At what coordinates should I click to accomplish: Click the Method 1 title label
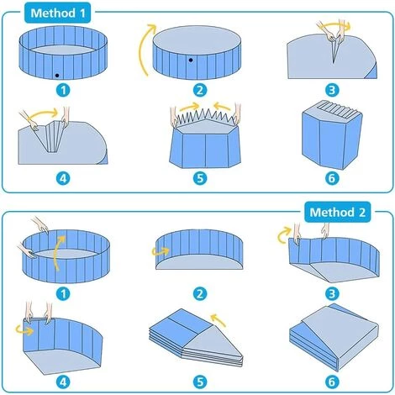58,13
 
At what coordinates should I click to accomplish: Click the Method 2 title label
337,213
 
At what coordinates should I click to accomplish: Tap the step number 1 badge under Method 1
63,90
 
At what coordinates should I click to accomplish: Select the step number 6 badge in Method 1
332,178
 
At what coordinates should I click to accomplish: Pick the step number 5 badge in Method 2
200,382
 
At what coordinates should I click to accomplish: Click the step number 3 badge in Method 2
332,294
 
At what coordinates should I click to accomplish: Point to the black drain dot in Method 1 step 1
57,76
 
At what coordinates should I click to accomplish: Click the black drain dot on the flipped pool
191,60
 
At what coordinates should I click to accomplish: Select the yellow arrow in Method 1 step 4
42,113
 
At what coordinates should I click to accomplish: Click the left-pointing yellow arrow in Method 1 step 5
223,107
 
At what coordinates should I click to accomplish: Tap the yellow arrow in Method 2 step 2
161,251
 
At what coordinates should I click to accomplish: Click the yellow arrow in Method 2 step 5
219,320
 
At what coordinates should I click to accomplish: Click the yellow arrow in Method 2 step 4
24,330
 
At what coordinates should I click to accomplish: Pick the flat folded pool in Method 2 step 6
334,336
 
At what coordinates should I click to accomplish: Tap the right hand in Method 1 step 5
237,113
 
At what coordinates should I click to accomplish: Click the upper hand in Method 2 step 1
40,224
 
